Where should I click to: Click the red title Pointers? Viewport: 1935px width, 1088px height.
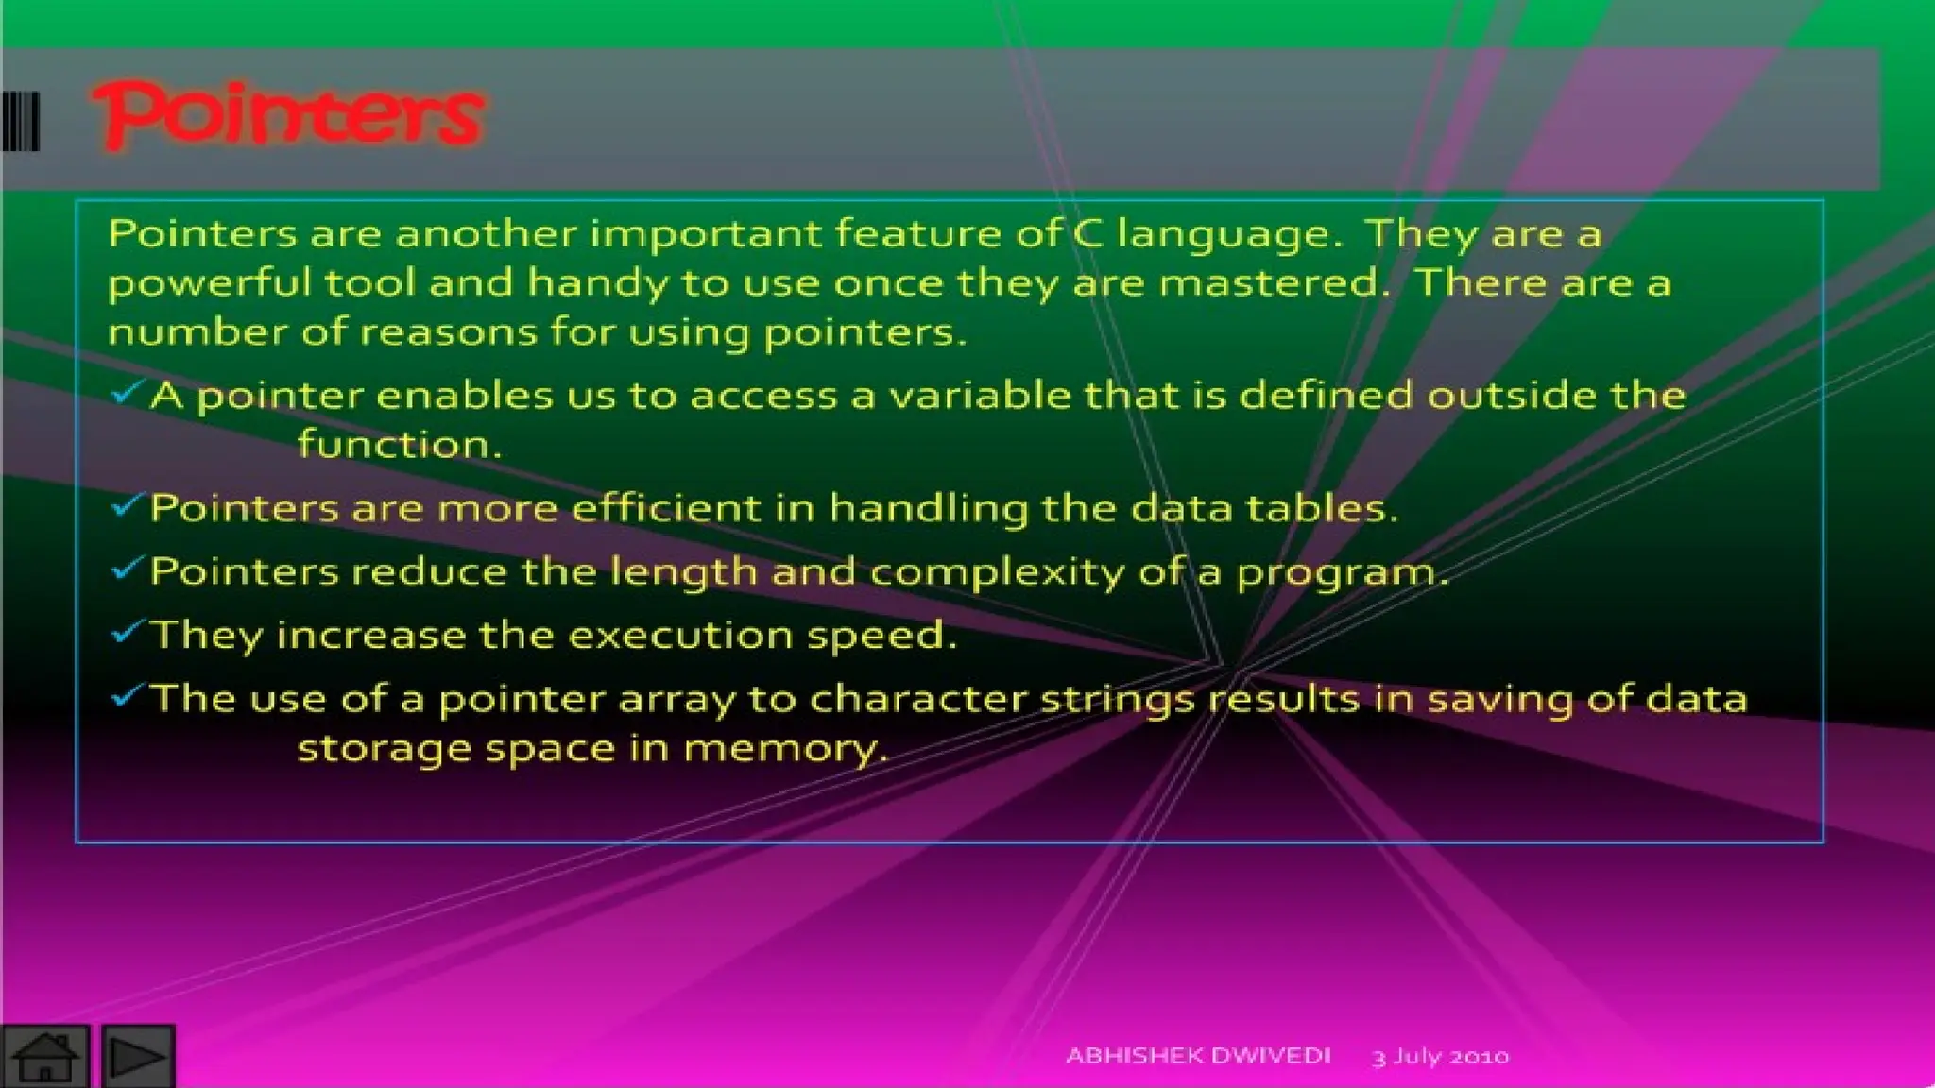[x=288, y=116]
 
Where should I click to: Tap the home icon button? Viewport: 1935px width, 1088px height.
[x=44, y=1056]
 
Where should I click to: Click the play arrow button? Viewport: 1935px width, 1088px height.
[x=138, y=1056]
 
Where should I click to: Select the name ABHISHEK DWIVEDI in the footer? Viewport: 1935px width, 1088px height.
[x=1198, y=1055]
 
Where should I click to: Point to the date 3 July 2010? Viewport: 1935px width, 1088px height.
[x=1440, y=1056]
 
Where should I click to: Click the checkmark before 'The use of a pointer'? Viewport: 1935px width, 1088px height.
[x=127, y=695]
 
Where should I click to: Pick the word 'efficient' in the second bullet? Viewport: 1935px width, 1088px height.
[x=666, y=508]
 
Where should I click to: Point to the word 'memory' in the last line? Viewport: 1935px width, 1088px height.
[x=785, y=748]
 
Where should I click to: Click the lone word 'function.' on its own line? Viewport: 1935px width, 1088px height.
[x=399, y=444]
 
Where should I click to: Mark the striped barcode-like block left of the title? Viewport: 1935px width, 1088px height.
[x=20, y=121]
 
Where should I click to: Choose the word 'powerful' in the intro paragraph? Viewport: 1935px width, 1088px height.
[x=209, y=283]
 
